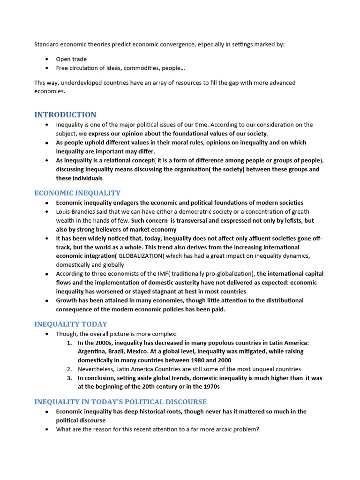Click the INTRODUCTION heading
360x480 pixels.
click(x=65, y=115)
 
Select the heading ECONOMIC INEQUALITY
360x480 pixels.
click(x=77, y=193)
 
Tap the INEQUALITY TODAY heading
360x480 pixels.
click(x=71, y=324)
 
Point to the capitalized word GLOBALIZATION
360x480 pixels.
click(x=140, y=256)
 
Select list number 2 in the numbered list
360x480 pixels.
click(x=69, y=369)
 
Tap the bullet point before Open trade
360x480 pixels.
click(x=47, y=59)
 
